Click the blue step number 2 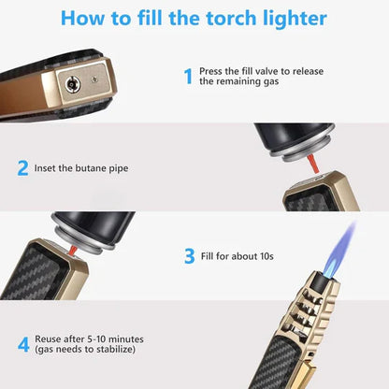pyautogui.click(x=22, y=168)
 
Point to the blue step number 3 pyautogui.click(x=188, y=254)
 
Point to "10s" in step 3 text pyautogui.click(x=269, y=254)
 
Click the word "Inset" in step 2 pyautogui.click(x=49, y=169)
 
